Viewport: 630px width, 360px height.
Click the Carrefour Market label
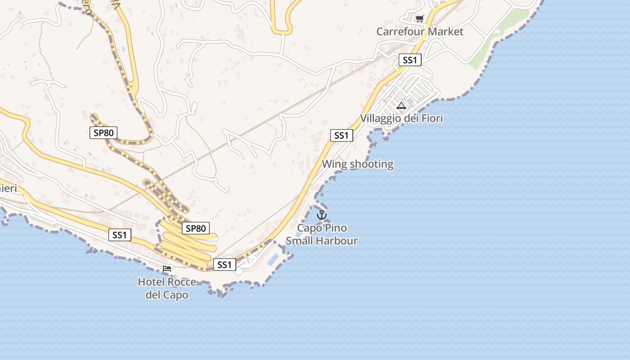tap(419, 31)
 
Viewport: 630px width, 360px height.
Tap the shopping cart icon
tap(419, 18)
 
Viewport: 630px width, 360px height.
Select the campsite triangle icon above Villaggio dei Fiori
tap(401, 106)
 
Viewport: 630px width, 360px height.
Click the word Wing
tap(334, 164)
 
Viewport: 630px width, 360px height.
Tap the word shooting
tap(372, 164)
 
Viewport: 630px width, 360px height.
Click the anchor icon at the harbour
tap(321, 215)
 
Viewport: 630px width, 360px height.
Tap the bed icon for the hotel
tap(167, 269)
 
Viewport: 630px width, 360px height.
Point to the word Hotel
tap(151, 282)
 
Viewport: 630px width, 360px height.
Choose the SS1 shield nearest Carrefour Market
tap(409, 60)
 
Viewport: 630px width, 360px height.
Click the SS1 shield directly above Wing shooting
tap(342, 135)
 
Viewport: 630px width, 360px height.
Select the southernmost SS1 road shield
tap(224, 265)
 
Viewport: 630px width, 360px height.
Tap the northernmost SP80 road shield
tap(103, 132)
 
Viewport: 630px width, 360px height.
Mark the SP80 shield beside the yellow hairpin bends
tap(196, 228)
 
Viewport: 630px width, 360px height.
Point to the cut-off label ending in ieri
tap(8, 188)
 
